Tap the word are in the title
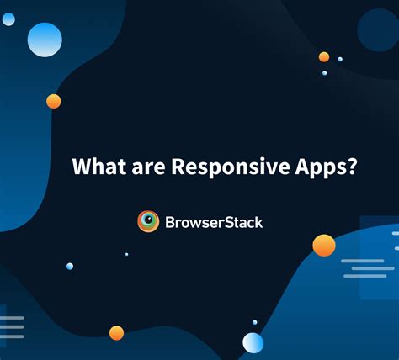(x=149, y=166)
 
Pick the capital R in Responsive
(x=178, y=166)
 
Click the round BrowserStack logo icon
(x=148, y=221)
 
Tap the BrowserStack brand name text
(x=213, y=222)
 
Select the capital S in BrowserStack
(x=233, y=222)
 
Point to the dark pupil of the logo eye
(x=148, y=221)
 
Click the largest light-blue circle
(x=45, y=40)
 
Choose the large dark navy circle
(x=377, y=30)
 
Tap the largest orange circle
(x=324, y=245)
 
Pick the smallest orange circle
(x=324, y=57)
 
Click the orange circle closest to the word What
(x=54, y=102)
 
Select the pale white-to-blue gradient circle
(x=253, y=342)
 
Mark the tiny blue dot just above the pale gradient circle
(x=254, y=322)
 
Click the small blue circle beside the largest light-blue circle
(x=8, y=19)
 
